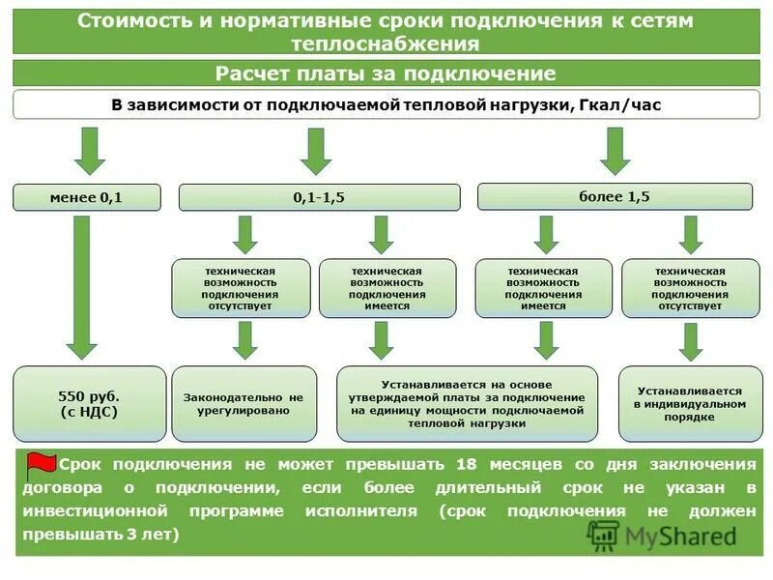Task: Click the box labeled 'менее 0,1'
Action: [86, 197]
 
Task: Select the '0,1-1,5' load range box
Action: [319, 197]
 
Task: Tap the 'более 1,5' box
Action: [615, 197]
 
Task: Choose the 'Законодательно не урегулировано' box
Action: [243, 404]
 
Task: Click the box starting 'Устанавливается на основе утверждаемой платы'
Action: [468, 404]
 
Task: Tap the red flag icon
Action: [40, 466]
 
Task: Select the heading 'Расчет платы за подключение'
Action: [386, 74]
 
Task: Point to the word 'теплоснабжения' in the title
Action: [386, 43]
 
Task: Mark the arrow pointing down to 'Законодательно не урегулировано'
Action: [244, 338]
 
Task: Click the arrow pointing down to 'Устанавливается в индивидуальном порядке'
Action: [689, 340]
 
